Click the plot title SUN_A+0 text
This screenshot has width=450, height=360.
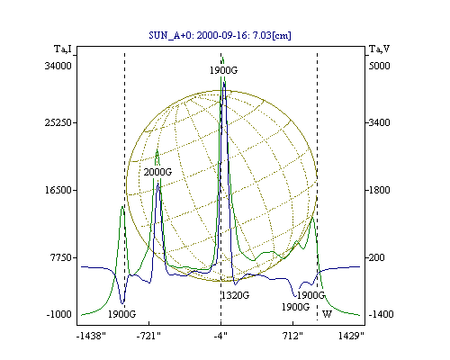220,35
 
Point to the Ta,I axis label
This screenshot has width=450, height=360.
63,49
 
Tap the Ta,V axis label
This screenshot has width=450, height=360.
379,49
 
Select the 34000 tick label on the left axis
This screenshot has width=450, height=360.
58,66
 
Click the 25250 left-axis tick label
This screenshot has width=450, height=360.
58,122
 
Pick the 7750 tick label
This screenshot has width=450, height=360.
61,257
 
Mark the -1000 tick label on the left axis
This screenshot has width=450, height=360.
59,314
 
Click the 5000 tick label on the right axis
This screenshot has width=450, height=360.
379,66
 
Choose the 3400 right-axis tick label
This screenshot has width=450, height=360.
379,122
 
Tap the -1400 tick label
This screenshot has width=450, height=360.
381,314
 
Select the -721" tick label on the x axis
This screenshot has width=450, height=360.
148,336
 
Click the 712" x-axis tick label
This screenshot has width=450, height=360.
293,336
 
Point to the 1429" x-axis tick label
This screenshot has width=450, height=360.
351,336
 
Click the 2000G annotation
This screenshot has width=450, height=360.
157,172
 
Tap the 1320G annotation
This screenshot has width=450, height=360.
236,295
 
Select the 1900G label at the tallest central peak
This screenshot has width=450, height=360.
223,70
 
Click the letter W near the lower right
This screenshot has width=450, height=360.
327,314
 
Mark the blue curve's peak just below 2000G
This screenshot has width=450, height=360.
157,184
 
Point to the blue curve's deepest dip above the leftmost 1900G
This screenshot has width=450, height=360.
122,303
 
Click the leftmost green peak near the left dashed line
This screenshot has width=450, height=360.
122,206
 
